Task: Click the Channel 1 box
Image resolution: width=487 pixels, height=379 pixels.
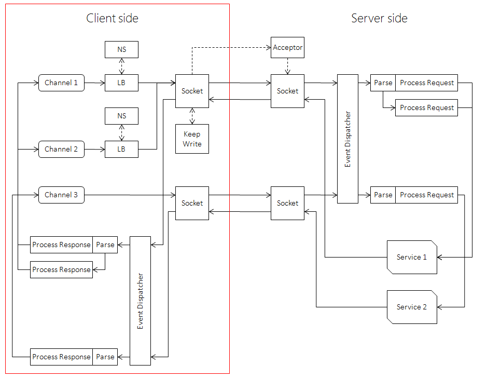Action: click(x=61, y=83)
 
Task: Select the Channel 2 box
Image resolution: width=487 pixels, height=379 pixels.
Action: click(x=61, y=149)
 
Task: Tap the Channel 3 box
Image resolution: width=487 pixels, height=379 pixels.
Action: click(x=61, y=195)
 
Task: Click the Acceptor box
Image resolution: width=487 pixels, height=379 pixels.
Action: click(x=287, y=47)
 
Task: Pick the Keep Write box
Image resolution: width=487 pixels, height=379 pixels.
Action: click(x=192, y=139)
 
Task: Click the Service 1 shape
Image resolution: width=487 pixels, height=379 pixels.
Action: click(x=412, y=257)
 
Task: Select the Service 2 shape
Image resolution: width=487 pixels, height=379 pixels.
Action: click(x=412, y=307)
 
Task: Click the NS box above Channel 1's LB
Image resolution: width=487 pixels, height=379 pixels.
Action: click(x=121, y=49)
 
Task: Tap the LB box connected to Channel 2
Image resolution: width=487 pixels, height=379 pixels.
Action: click(x=121, y=149)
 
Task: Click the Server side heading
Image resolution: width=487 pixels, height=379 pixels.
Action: click(x=379, y=18)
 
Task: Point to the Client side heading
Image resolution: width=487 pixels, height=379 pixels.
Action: click(x=112, y=18)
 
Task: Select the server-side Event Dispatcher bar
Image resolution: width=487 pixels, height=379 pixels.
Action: click(x=347, y=139)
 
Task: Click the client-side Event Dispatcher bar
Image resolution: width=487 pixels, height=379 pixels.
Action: click(x=140, y=301)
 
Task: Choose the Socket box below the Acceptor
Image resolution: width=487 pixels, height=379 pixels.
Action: click(x=287, y=91)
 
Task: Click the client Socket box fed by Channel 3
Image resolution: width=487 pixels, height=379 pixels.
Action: click(x=192, y=203)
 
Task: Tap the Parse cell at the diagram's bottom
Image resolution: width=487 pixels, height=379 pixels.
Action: click(x=105, y=357)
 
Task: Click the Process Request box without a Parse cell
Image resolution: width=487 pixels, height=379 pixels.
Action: click(x=427, y=107)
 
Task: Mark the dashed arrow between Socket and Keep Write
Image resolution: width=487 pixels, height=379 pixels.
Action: click(x=192, y=116)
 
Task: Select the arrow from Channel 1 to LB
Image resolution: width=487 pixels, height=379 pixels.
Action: click(x=94, y=83)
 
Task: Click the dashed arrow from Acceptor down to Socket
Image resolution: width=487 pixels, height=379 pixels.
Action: click(x=287, y=66)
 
